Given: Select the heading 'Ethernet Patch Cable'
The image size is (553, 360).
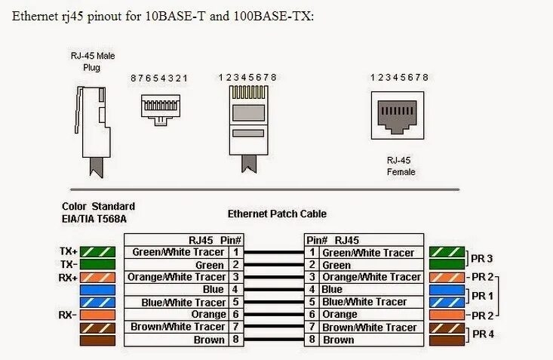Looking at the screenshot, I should tap(276, 214).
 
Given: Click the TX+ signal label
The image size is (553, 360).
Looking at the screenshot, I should tap(68, 251).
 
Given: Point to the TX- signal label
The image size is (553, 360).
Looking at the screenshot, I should tap(69, 264).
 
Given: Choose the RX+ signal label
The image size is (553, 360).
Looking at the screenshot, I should tap(68, 277).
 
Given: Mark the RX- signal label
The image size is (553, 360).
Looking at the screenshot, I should tap(69, 314).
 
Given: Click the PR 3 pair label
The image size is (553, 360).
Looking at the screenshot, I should tap(483, 258).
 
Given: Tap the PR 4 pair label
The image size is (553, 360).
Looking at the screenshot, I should tap(483, 334).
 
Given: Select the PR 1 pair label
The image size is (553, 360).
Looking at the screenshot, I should tap(483, 295).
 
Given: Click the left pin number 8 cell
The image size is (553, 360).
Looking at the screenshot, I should tap(236, 340).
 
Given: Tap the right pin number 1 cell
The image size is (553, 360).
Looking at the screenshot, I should tap(312, 253).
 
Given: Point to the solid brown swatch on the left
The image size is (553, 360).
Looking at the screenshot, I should tap(97, 340).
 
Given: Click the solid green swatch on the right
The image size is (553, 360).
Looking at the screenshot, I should tap(446, 264).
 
